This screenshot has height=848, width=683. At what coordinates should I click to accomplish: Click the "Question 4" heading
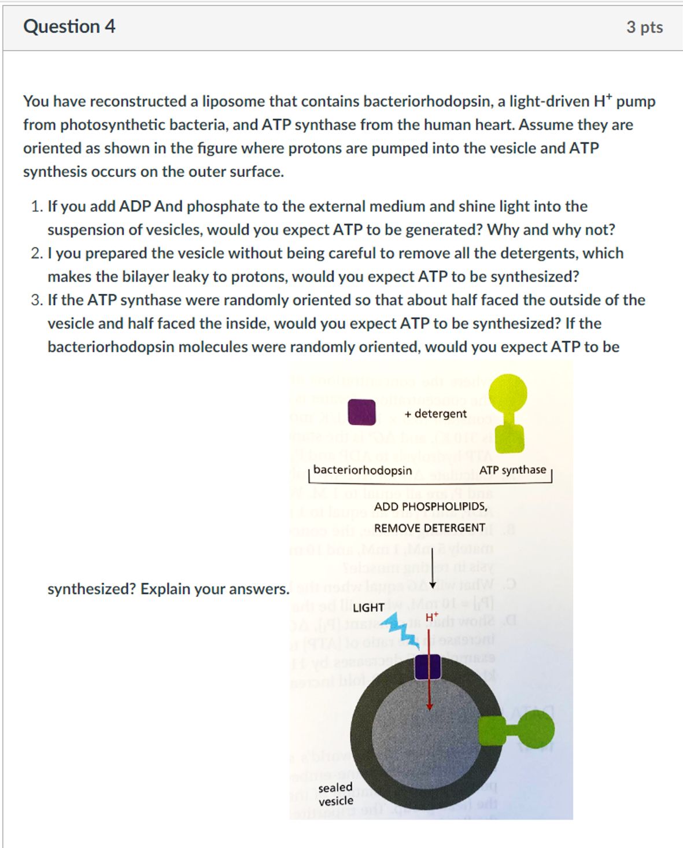point(69,27)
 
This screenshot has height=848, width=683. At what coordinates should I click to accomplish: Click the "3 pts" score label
point(644,27)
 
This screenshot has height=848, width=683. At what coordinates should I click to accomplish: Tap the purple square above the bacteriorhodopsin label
point(361,412)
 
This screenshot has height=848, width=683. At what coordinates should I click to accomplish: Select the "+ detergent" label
point(435,414)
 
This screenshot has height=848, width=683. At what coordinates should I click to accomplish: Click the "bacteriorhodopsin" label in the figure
point(363,470)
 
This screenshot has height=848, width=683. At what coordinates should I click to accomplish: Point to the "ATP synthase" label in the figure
point(512,470)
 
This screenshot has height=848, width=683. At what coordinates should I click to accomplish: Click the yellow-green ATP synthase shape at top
point(508,412)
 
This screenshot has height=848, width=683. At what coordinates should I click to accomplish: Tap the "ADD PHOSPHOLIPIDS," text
point(430,507)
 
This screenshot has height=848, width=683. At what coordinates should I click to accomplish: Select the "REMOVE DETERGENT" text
point(429,528)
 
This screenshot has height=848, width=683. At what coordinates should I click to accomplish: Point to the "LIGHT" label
point(368,607)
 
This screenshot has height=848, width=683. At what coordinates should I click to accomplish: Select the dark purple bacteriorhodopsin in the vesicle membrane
point(428,666)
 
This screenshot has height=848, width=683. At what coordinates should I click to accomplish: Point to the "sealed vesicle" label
point(335,794)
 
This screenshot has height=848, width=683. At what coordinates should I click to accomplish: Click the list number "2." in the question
point(37,253)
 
